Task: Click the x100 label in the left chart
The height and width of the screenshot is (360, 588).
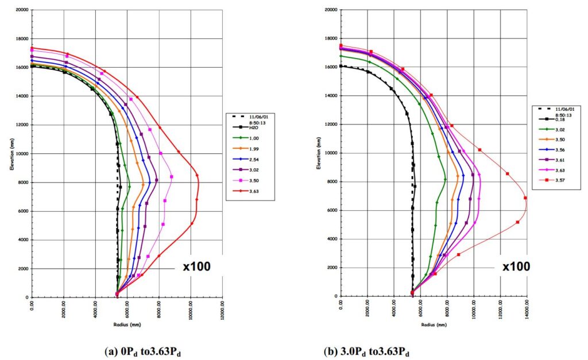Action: tap(197, 266)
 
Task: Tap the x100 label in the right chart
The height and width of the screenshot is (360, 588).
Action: tap(516, 266)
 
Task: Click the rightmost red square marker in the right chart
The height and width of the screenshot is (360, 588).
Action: tap(525, 198)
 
